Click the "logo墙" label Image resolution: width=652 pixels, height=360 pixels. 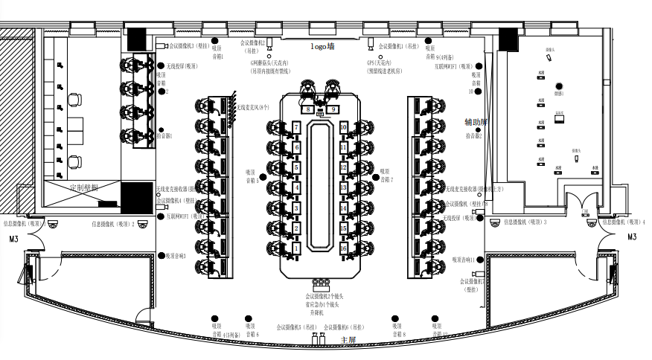point(322,46)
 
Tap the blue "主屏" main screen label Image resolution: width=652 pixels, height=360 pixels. point(348,340)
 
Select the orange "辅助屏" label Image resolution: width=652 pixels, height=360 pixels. point(476,122)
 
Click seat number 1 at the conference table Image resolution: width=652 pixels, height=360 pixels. point(295,247)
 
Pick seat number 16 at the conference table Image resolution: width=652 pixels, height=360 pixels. point(344,248)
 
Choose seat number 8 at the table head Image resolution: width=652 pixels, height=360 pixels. point(307,109)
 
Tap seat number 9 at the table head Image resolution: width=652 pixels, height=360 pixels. point(334,109)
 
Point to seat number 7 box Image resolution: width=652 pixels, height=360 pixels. point(296,128)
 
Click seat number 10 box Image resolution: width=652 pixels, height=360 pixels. point(343,128)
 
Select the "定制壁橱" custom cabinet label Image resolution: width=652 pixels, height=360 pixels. point(83,188)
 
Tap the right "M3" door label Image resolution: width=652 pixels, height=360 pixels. point(632,237)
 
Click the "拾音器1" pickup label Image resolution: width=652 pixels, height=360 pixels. point(164,136)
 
